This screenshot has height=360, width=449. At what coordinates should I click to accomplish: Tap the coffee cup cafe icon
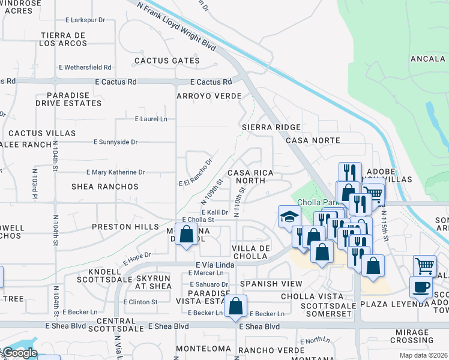(421, 286)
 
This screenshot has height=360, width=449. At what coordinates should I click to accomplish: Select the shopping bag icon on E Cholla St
(186, 235)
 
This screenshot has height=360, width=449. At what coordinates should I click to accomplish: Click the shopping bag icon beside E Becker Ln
(236, 306)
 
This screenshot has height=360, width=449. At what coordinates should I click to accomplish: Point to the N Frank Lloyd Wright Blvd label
(176, 25)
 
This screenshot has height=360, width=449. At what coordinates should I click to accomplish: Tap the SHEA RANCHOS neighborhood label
(105, 187)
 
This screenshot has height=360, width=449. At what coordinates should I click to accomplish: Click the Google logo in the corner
(19, 353)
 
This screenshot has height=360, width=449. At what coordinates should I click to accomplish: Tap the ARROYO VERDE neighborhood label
(209, 96)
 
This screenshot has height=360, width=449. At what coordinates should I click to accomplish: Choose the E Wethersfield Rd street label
(85, 67)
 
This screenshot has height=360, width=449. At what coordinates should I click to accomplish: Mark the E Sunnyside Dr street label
(116, 142)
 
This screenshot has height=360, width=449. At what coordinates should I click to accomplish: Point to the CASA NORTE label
(313, 140)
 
